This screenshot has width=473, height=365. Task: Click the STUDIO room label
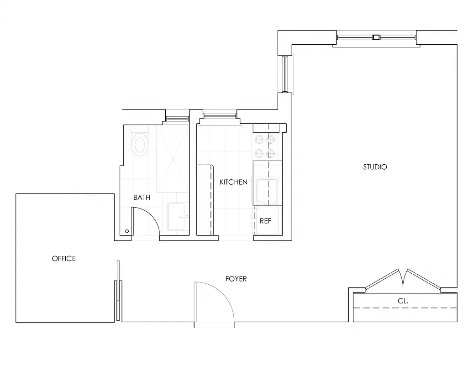375,167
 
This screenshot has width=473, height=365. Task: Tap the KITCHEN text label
233,182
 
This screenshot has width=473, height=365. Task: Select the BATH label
142,198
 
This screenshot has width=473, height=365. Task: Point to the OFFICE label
64,259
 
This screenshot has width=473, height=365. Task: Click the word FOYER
236,279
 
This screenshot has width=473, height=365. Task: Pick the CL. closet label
403,301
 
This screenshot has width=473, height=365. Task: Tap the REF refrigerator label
265,221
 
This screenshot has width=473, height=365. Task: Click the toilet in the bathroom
140,143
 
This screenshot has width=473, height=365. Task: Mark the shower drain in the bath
173,158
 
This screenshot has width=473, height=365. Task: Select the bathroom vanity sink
178,217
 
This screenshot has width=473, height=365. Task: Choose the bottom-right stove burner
271,153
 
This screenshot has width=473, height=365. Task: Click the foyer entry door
214,301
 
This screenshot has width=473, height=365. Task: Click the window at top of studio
376,38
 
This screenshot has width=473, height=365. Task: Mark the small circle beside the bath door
127,232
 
